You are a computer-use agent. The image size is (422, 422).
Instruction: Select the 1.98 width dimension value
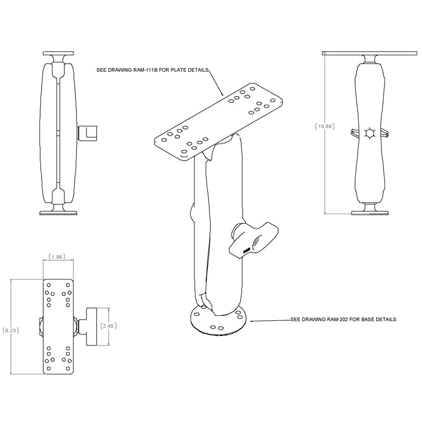57,257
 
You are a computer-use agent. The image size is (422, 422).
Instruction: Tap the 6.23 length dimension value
11,331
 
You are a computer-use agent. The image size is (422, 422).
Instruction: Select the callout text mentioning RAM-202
343,320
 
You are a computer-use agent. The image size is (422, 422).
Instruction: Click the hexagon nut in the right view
369,133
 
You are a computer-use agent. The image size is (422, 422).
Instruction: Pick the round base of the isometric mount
217,321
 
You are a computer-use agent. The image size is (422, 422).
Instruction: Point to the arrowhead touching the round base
252,320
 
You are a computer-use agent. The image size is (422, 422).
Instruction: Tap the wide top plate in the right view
369,53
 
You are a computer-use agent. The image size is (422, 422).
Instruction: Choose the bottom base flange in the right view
369,212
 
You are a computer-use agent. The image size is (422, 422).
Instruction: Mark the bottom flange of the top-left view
59,213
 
